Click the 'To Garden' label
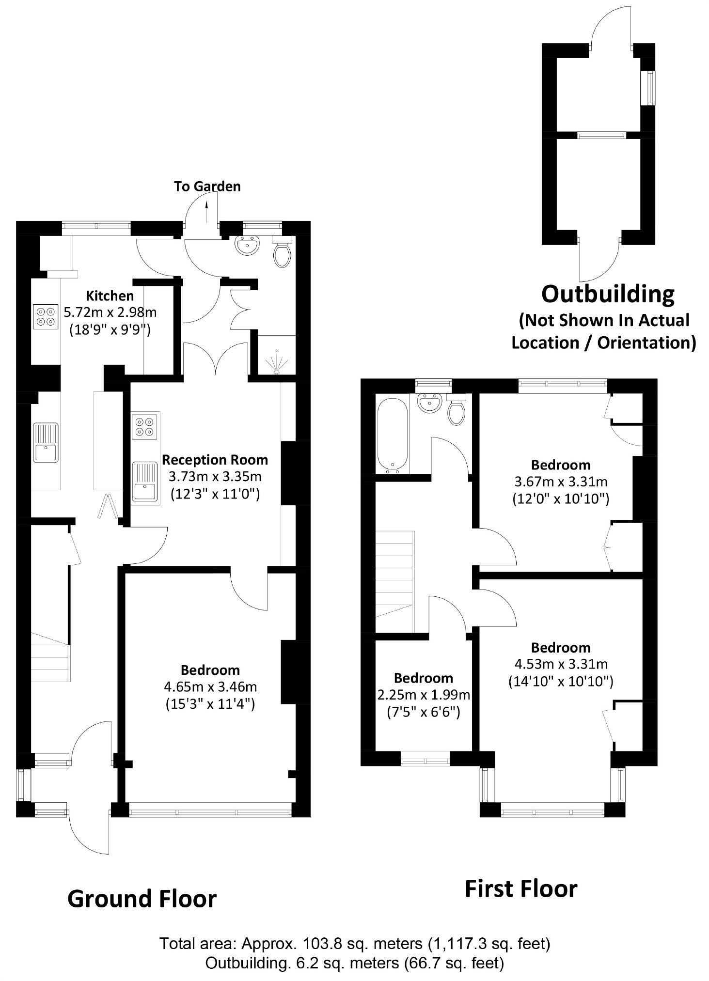pyautogui.click(x=207, y=187)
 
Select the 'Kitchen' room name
pyautogui.click(x=110, y=296)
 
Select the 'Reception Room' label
pyautogui.click(x=215, y=459)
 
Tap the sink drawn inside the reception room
pyautogui.click(x=145, y=483)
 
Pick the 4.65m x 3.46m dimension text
pyautogui.click(x=210, y=686)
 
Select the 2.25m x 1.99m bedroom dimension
pyautogui.click(x=424, y=695)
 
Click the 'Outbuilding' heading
pyautogui.click(x=608, y=294)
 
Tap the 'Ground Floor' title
pyautogui.click(x=142, y=899)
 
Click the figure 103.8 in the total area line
pyautogui.click(x=319, y=943)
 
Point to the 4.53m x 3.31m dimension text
pyautogui.click(x=561, y=664)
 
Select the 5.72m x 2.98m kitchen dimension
pyautogui.click(x=110, y=312)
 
